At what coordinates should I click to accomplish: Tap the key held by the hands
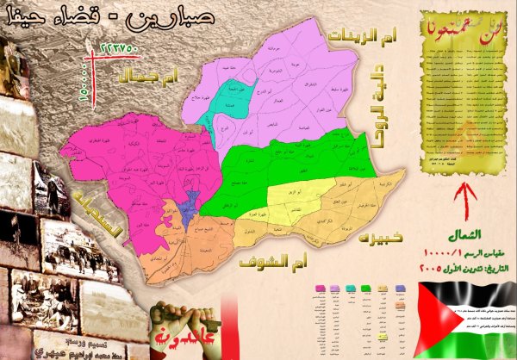(x=177, y=314)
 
